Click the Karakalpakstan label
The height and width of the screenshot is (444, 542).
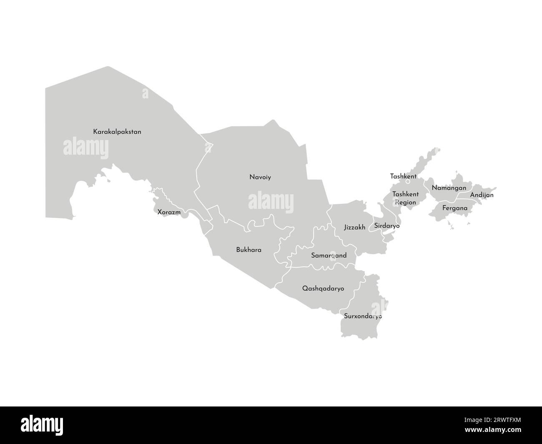click(x=117, y=132)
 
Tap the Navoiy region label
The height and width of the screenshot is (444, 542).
click(x=260, y=177)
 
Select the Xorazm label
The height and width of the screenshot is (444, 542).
click(x=169, y=212)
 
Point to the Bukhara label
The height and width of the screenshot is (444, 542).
click(x=248, y=250)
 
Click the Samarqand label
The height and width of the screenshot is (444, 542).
click(x=329, y=255)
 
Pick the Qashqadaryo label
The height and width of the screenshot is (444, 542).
click(x=323, y=288)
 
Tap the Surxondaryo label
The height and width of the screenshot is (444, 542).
click(x=363, y=316)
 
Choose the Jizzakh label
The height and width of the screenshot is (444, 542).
click(x=354, y=227)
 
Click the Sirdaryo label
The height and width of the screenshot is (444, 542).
click(x=386, y=226)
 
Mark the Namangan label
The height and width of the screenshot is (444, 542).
click(x=449, y=188)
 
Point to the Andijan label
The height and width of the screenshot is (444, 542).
click(x=482, y=195)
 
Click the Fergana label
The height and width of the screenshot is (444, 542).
click(x=455, y=208)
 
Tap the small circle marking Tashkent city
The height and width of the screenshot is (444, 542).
click(x=408, y=182)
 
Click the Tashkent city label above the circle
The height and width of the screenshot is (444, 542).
click(x=403, y=176)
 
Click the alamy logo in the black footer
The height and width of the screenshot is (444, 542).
click(x=42, y=425)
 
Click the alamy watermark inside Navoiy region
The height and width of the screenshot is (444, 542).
click(x=271, y=202)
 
